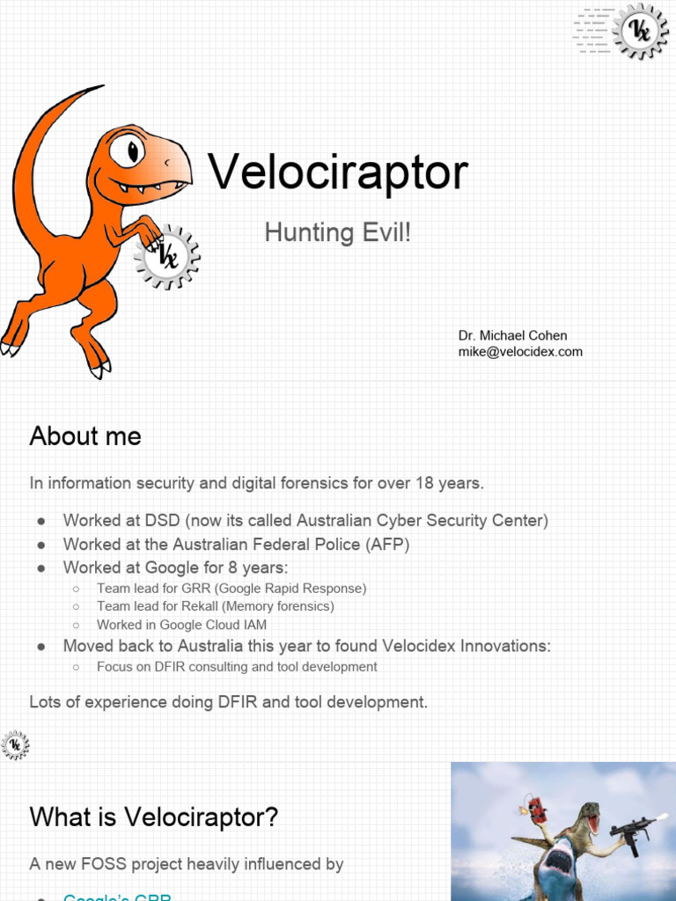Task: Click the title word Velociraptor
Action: [x=338, y=172]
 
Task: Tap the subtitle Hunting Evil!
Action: [x=338, y=233]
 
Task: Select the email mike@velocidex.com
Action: [x=520, y=352]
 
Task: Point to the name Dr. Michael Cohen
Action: [x=512, y=335]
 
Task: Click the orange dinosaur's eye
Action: [x=130, y=149]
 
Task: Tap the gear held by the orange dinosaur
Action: [x=167, y=257]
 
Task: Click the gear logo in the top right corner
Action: [x=640, y=32]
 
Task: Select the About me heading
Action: [x=85, y=436]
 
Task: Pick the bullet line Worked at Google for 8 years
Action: [x=176, y=568]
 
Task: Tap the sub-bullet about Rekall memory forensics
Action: [x=216, y=606]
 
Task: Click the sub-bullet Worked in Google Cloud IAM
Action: [x=182, y=625]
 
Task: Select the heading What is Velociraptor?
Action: [x=154, y=817]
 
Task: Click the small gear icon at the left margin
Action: [x=15, y=744]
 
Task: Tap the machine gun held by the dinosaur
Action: [x=632, y=828]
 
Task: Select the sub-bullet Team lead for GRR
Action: [x=231, y=588]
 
